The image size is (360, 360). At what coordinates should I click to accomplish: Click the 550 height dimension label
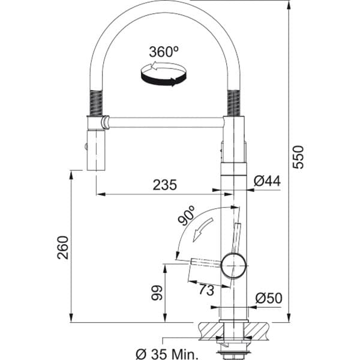[x=298, y=157]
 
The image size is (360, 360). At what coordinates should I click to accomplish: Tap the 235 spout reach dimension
[x=165, y=185]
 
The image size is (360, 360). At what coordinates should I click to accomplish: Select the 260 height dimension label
[x=63, y=247]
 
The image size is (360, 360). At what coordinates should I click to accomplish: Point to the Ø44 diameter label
[x=267, y=181]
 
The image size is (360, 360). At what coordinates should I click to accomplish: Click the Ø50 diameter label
[x=269, y=298]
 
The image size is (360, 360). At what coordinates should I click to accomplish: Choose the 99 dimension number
[x=157, y=293]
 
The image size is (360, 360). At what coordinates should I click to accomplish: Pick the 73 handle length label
[x=206, y=290]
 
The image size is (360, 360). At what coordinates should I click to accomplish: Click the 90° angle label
[x=187, y=215]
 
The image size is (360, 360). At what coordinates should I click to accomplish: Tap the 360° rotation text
[x=164, y=52]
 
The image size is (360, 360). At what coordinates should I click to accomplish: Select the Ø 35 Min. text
[x=167, y=353]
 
